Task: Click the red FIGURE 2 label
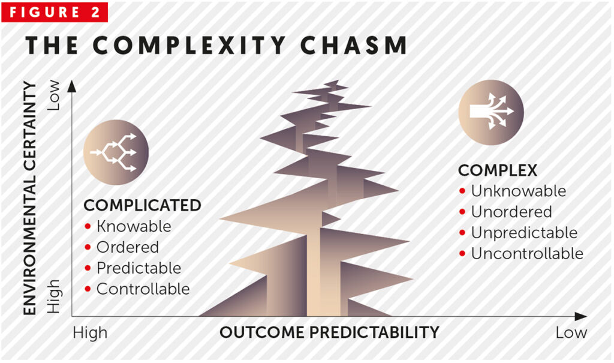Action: [55, 12]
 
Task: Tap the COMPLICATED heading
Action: [142, 205]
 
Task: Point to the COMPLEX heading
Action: [498, 170]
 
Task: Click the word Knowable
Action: [134, 227]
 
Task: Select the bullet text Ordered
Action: [128, 247]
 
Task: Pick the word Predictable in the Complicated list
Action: [139, 268]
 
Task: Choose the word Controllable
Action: [143, 289]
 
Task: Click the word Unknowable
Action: [518, 191]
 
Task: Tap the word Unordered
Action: [511, 212]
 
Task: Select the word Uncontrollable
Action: [526, 253]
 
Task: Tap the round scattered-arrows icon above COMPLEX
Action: [491, 113]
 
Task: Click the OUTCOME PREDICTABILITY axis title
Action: [329, 332]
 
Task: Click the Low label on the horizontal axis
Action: [571, 332]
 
